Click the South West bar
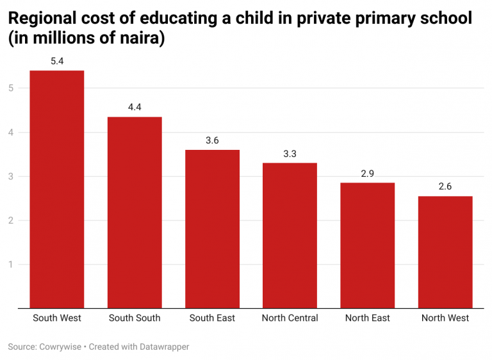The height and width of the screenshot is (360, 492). [x=57, y=190]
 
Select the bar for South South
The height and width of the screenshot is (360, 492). [x=135, y=213]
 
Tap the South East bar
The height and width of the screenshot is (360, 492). [x=212, y=229]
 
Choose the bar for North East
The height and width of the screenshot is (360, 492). [x=367, y=245]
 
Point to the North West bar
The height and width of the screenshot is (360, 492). [x=445, y=252]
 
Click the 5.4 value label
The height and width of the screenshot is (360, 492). [x=57, y=61]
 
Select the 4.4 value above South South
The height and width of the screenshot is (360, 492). [x=135, y=108]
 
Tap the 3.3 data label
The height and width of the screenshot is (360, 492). [x=290, y=154]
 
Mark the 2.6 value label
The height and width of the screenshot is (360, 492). [x=445, y=186]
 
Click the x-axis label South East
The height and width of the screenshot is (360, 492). [x=212, y=318]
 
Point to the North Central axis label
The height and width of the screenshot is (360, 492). [x=290, y=318]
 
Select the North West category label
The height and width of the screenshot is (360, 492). [x=445, y=318]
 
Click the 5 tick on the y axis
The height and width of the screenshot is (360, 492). [x=11, y=88]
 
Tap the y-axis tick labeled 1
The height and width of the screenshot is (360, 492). [x=11, y=265]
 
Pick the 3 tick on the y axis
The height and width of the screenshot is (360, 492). [x=11, y=177]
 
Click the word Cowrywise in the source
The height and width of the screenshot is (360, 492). [x=61, y=347]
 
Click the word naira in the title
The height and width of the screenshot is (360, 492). [x=141, y=38]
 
